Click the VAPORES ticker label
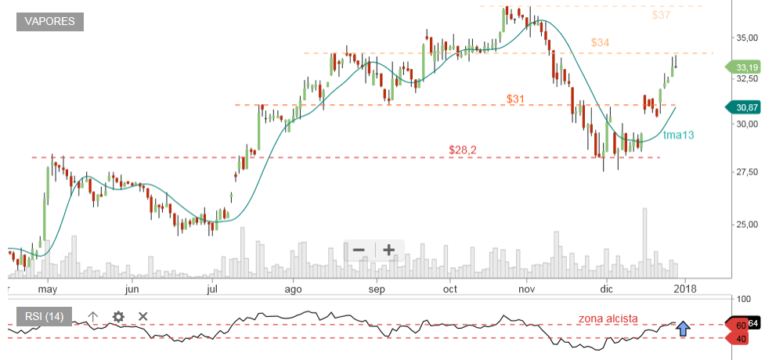coord(50,22)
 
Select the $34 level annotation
coord(601,42)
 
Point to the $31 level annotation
coord(515,99)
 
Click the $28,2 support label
coord(464,149)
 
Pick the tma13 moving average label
coord(678,135)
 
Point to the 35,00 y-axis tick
coord(745,38)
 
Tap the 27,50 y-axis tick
coord(745,171)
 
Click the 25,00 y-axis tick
coord(745,225)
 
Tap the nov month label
coord(526,288)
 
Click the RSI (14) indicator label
coord(45,316)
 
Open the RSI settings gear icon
coord(118,316)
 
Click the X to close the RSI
coord(143,316)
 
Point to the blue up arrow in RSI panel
coord(684,329)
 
